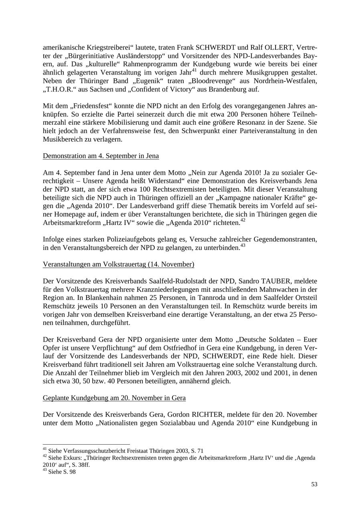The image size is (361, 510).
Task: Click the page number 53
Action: (x=314, y=484)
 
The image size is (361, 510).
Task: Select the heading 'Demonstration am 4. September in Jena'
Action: (x=101, y=156)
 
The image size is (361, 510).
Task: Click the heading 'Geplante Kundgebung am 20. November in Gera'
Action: (x=114, y=398)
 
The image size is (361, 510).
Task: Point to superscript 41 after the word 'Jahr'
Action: (x=194, y=71)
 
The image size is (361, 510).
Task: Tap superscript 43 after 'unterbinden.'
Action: (x=243, y=245)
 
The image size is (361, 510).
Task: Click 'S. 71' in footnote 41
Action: (x=197, y=451)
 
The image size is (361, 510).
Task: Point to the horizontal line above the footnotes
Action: (x=86, y=444)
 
